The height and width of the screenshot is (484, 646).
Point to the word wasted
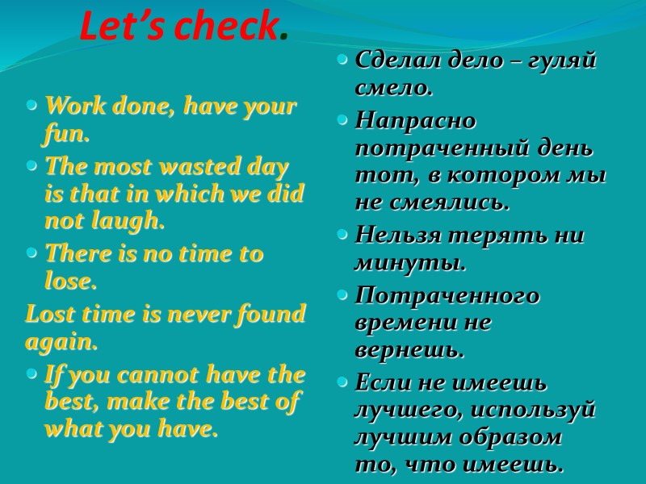[x=187, y=166]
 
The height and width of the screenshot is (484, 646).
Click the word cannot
[x=153, y=375]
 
